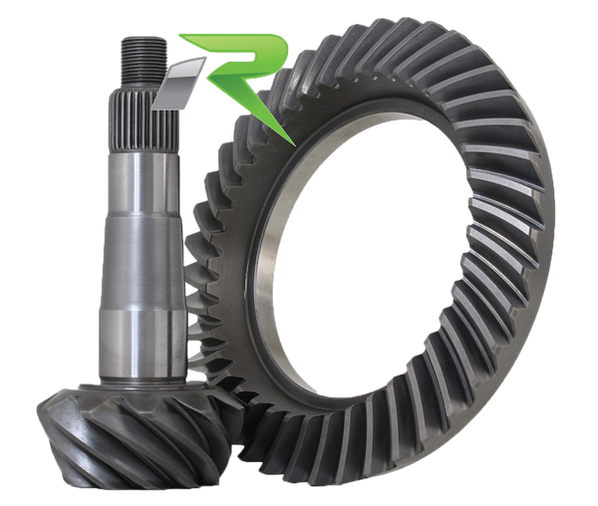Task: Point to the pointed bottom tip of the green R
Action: click(294, 145)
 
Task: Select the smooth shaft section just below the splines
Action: click(142, 182)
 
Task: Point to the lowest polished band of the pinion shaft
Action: click(143, 343)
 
